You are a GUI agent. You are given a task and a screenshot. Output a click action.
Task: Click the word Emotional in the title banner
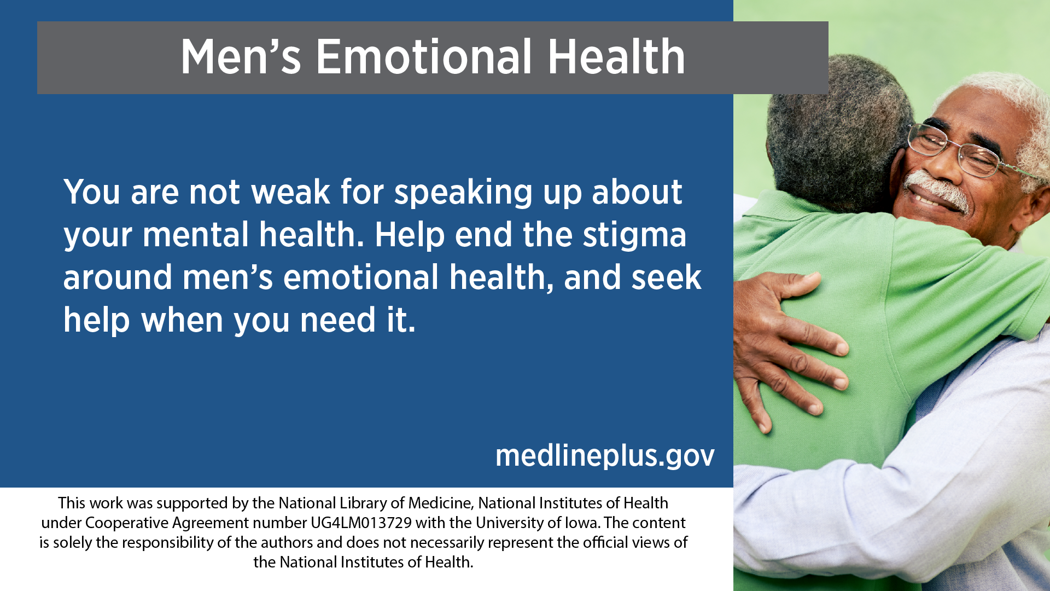point(424,57)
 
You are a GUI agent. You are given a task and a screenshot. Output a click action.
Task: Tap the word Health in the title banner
point(616,57)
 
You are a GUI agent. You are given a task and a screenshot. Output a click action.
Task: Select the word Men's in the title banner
point(241,57)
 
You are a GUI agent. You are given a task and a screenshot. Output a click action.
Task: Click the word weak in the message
point(290,192)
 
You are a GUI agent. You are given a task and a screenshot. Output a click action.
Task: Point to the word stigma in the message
point(634,235)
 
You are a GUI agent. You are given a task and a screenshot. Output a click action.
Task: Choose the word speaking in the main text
point(463,193)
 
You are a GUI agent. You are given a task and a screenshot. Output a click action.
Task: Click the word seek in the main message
point(667,277)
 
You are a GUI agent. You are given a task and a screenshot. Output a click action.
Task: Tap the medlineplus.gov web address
point(605,455)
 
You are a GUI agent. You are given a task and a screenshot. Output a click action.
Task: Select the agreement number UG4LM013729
point(361,523)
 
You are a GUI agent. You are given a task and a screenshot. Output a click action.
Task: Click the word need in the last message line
point(337,320)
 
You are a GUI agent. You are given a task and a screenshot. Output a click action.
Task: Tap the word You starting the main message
point(91,192)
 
